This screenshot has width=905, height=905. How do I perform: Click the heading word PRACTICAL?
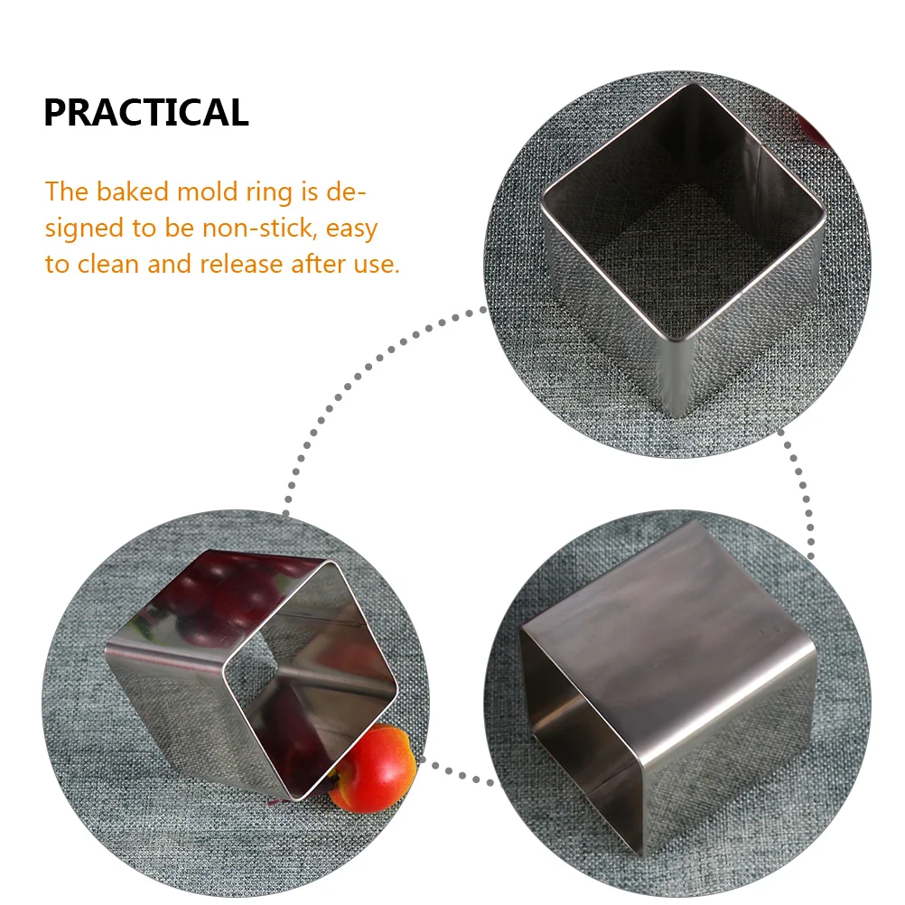(x=146, y=112)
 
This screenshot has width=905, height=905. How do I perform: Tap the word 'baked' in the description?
(x=133, y=191)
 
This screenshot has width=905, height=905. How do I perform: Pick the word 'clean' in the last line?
(x=108, y=265)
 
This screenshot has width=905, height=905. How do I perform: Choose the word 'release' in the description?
(x=241, y=265)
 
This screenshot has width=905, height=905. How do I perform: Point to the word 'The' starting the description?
(x=66, y=191)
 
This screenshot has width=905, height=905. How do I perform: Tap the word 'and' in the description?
(x=169, y=265)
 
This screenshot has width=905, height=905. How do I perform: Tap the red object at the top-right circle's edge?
(x=815, y=130)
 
